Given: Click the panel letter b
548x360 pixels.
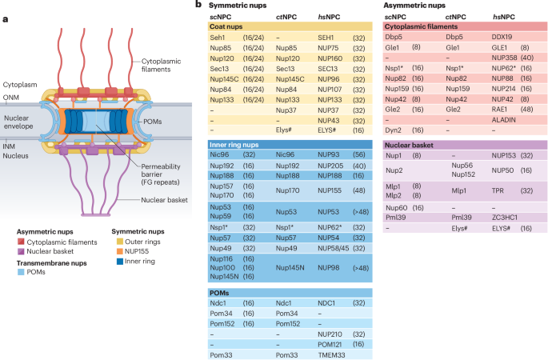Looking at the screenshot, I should tap(198, 6).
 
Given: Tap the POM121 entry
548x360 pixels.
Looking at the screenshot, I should tap(330, 342).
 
